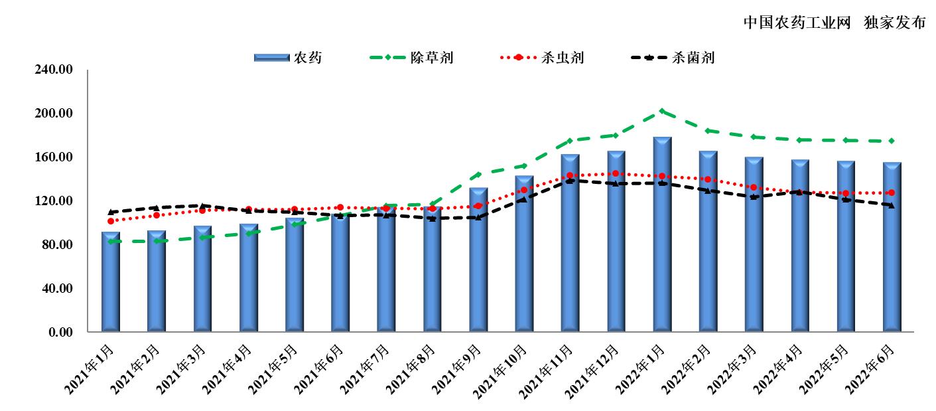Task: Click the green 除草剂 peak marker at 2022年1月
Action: click(662, 112)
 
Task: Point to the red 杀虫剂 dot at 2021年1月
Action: click(111, 221)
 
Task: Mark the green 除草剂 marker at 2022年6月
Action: click(892, 141)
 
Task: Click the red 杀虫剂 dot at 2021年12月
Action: click(616, 174)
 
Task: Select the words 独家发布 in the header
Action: click(894, 23)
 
